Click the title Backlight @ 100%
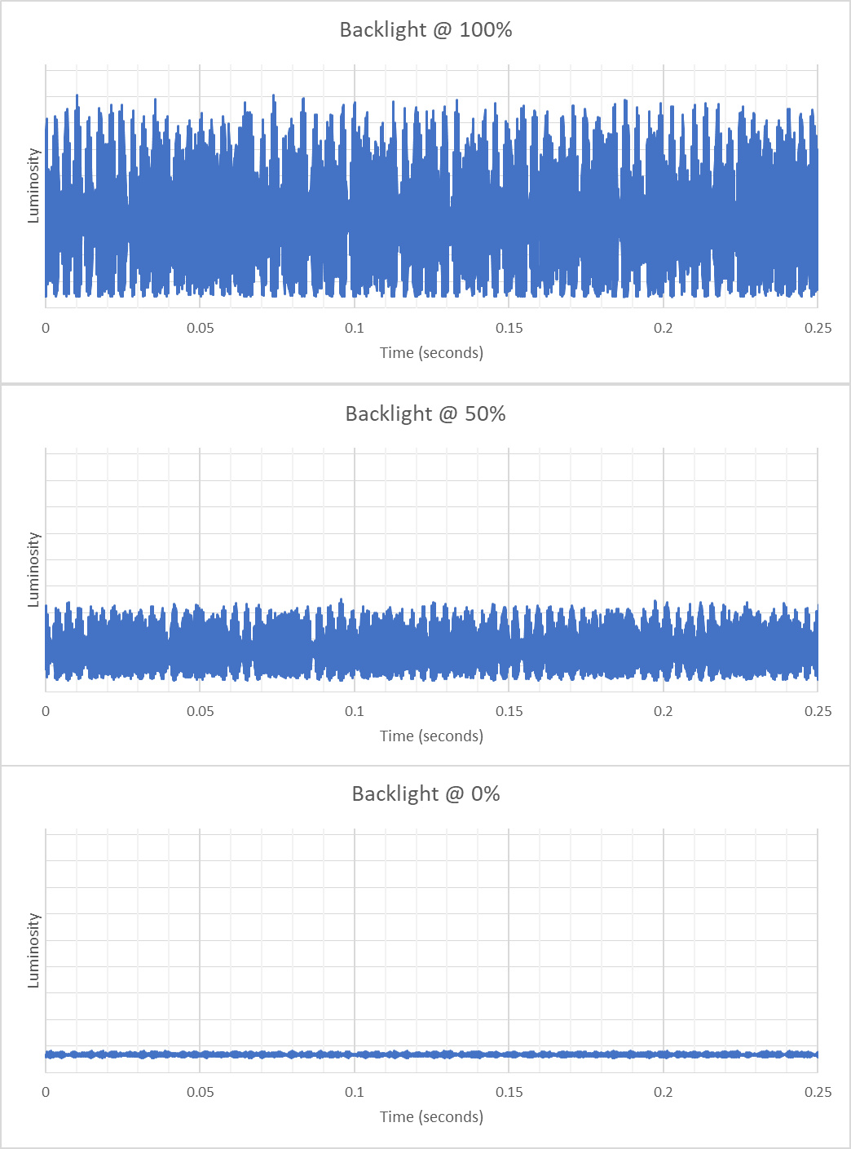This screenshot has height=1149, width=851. pyautogui.click(x=425, y=30)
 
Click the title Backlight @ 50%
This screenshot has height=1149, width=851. pyautogui.click(x=425, y=414)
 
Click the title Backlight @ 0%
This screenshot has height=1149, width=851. pyautogui.click(x=425, y=794)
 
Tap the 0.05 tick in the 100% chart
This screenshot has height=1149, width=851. pyautogui.click(x=200, y=328)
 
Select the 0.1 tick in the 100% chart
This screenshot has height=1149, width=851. pyautogui.click(x=355, y=328)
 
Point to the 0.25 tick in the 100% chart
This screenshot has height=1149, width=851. pyautogui.click(x=818, y=328)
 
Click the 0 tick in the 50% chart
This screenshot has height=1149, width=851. pyautogui.click(x=46, y=711)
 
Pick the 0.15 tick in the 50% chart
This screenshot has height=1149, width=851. pyautogui.click(x=509, y=711)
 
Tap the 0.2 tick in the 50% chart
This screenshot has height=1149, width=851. pyautogui.click(x=664, y=711)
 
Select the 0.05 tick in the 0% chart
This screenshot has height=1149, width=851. pyautogui.click(x=200, y=1092)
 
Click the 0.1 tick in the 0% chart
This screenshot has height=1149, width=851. pyautogui.click(x=355, y=1092)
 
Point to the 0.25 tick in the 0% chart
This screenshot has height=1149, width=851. pyautogui.click(x=818, y=1092)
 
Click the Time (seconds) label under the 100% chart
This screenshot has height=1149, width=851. pyautogui.click(x=431, y=353)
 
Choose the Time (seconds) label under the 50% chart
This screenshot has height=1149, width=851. pyautogui.click(x=431, y=736)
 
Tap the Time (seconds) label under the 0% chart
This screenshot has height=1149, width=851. pyautogui.click(x=431, y=1117)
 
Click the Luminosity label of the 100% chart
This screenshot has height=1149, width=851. pyautogui.click(x=33, y=186)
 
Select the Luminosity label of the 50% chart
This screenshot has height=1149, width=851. pyautogui.click(x=33, y=570)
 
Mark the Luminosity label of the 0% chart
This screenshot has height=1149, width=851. pyautogui.click(x=33, y=951)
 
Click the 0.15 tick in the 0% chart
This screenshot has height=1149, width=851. pyautogui.click(x=509, y=1092)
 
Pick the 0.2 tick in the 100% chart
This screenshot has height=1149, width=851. pyautogui.click(x=664, y=328)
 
